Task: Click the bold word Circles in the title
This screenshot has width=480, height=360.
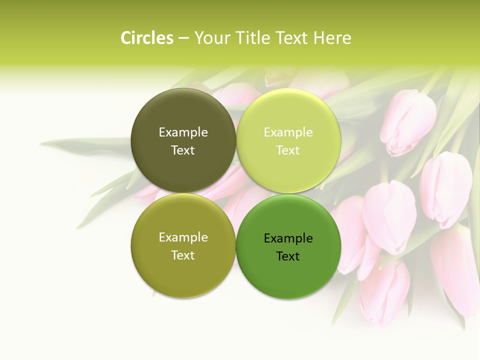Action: tap(147, 38)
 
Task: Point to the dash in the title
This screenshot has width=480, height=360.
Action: tap(183, 38)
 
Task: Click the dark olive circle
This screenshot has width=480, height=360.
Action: tap(183, 140)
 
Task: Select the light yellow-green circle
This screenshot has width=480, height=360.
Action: tap(288, 140)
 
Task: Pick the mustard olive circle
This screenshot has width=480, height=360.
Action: tap(183, 245)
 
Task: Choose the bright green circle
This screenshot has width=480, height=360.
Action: tap(288, 245)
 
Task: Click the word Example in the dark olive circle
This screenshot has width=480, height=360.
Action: tap(183, 132)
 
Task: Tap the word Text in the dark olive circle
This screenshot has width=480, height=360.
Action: tap(183, 150)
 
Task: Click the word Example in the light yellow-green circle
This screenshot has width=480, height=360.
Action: tap(288, 132)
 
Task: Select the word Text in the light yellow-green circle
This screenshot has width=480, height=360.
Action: tap(288, 150)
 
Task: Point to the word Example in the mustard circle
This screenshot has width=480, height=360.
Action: tap(183, 237)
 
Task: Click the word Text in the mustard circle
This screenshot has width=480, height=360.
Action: tap(183, 255)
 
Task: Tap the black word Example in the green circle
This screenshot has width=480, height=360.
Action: tap(288, 238)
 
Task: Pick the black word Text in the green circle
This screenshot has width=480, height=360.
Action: tap(288, 256)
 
